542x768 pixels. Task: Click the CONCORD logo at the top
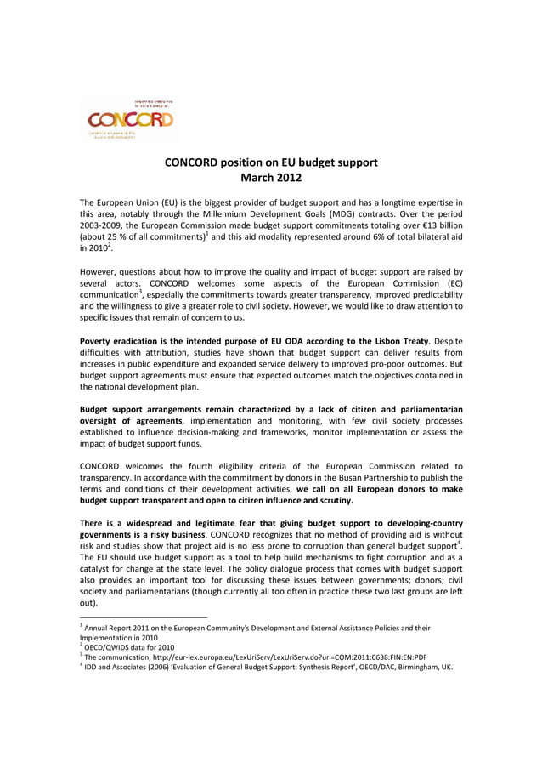coord(130,119)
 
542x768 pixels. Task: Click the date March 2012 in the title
coord(270,178)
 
